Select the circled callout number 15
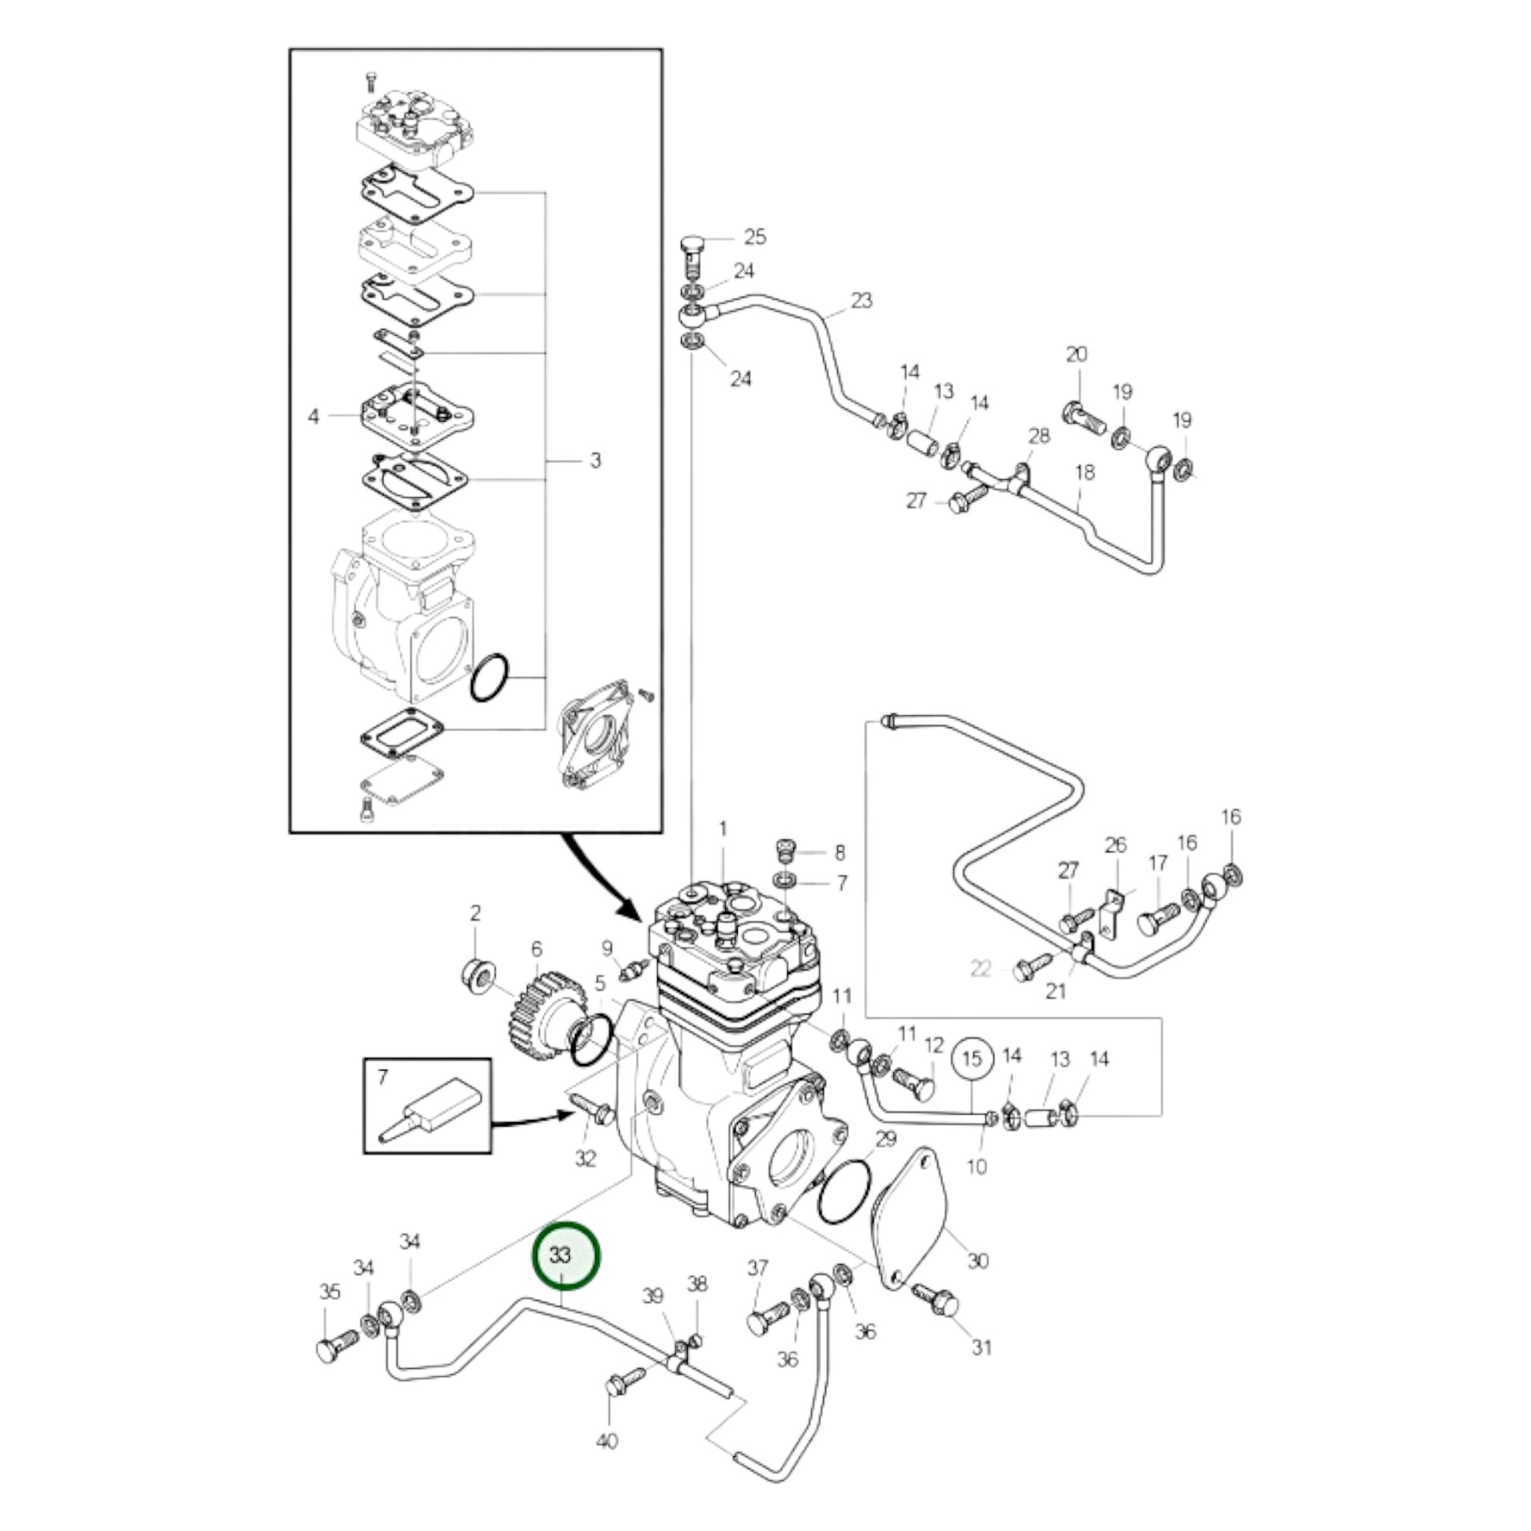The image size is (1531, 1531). coord(972,1059)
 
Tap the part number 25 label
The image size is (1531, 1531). coord(754,237)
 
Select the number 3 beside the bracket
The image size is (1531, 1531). coord(595,460)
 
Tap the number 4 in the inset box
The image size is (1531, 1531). coord(314,416)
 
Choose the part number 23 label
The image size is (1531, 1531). coord(861,301)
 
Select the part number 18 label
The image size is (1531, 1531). coord(1084,472)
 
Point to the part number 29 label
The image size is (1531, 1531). coord(885,1138)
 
